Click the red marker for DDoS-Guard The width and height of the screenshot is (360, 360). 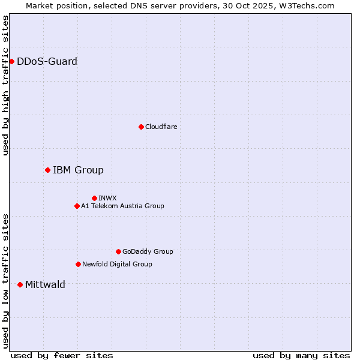coord(11,61)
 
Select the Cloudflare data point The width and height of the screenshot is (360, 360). coord(141,127)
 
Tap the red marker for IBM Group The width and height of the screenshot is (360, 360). coord(47,170)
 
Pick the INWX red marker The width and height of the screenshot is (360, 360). coord(94,198)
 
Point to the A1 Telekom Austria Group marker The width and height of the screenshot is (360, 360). coord(77,206)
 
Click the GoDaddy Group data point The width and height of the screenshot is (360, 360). coord(118,251)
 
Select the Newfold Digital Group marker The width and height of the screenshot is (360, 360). coord(78,264)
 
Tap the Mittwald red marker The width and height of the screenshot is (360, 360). coord(20,284)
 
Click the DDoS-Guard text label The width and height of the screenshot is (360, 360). coord(47,61)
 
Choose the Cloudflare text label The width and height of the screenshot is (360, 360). coord(161,127)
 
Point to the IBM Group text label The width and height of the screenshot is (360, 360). coord(78,170)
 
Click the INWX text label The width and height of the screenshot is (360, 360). coord(107,198)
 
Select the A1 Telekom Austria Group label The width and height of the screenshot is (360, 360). coord(122,206)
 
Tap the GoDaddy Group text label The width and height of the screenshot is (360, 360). coord(148,251)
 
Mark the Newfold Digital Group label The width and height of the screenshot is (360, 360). coord(117,264)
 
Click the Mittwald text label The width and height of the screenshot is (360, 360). coord(45,284)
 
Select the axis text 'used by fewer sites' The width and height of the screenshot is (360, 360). coord(62,355)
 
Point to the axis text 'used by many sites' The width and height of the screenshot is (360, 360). coord(301,355)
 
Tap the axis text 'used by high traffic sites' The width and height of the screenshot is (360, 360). coord(5,85)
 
